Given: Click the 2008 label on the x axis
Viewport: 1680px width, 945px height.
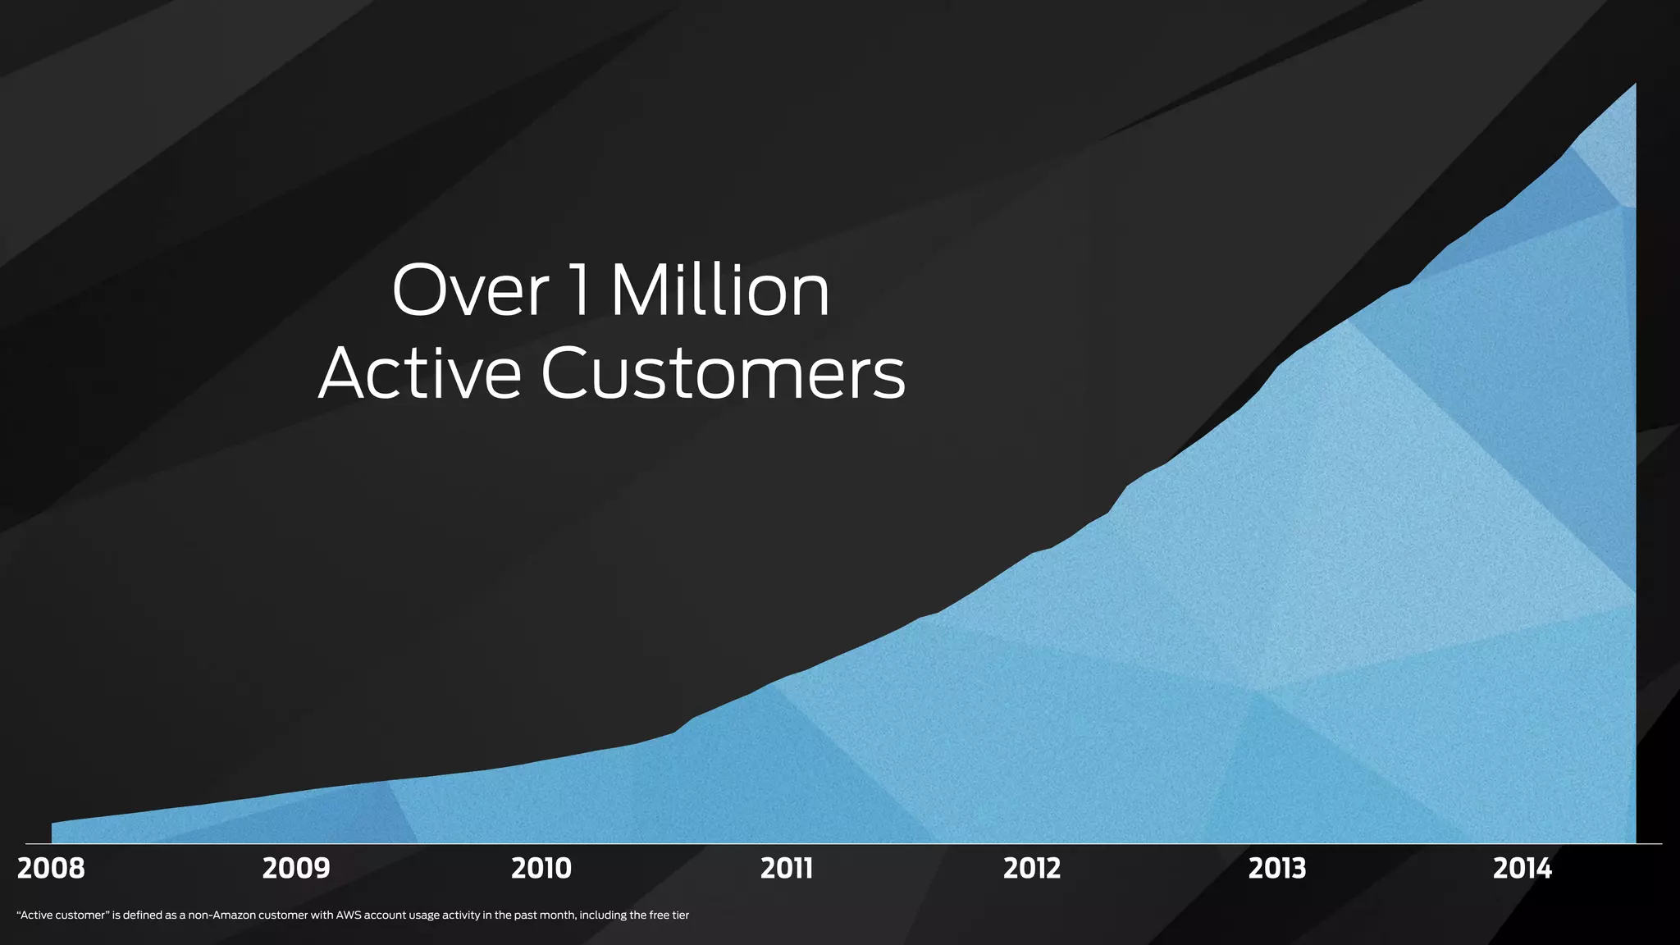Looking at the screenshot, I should (x=51, y=869).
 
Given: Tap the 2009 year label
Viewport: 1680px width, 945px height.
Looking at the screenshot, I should (x=296, y=869).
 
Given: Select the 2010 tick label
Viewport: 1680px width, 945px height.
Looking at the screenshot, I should (x=541, y=869).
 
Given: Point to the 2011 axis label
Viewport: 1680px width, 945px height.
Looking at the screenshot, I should (x=786, y=869).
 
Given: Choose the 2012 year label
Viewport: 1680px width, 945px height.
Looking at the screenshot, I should (x=1032, y=869).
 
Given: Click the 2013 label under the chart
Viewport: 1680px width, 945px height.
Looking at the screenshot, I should (x=1277, y=869).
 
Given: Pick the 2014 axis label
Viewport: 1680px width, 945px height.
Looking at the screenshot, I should (x=1522, y=869).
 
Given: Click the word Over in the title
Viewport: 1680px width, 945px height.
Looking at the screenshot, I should (x=470, y=290).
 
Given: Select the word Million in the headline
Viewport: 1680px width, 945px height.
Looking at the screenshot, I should (x=720, y=290).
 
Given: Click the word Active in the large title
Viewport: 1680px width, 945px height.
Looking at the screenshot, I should (x=419, y=374).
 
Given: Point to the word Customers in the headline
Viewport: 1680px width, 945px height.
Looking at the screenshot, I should (x=723, y=374).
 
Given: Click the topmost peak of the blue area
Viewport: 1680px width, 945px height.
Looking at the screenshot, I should (x=1634, y=85).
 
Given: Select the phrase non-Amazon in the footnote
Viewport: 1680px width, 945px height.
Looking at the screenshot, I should (x=221, y=915).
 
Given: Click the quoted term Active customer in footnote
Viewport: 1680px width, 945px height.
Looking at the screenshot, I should (x=63, y=915).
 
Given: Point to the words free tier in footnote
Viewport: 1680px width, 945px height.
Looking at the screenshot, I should (x=669, y=915).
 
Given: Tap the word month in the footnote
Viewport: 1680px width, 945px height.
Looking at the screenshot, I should (x=558, y=915).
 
